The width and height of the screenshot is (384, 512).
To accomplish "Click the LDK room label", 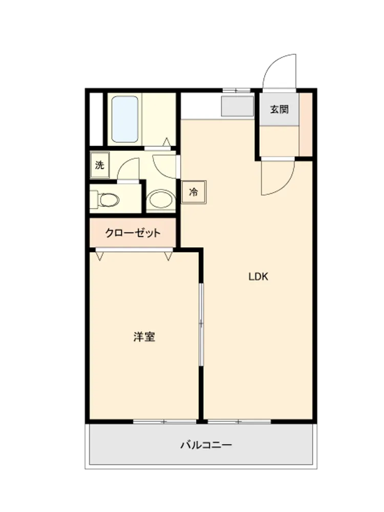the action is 258,276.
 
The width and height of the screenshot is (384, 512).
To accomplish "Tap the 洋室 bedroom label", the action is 144,337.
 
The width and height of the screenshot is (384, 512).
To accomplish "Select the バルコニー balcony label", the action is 206,445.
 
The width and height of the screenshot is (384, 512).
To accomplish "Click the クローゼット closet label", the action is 133,233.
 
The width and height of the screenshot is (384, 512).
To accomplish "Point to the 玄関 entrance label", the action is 280,109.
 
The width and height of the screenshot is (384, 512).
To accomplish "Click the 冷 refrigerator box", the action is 194,192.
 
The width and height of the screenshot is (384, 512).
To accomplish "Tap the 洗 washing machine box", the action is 100,165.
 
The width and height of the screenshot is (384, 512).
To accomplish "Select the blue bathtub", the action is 125,119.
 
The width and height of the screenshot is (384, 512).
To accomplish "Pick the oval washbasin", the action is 161,200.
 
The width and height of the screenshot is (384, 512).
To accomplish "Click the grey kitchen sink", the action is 238,106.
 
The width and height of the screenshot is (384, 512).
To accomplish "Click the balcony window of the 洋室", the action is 165,422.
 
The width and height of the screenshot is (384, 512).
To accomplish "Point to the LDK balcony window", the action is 239,422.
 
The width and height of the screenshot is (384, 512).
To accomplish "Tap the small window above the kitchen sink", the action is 237,90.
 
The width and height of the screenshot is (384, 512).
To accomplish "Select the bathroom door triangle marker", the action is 166,142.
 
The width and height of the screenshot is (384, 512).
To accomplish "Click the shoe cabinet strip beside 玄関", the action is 306,125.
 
